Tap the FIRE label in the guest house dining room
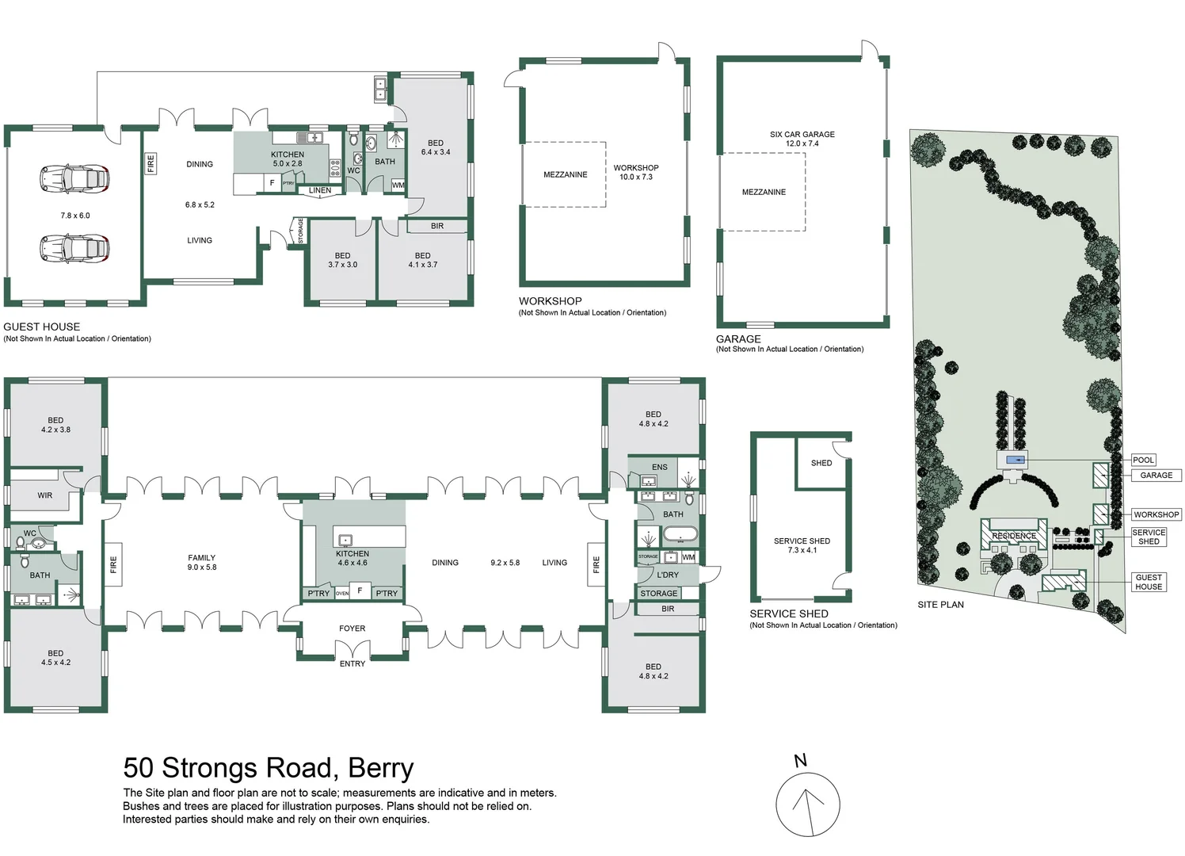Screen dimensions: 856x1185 [151, 163]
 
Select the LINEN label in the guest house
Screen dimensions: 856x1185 [320, 190]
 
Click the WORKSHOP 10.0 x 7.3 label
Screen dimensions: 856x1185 [635, 172]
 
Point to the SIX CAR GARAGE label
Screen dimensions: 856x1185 [802, 135]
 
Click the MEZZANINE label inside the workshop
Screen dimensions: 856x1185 [566, 174]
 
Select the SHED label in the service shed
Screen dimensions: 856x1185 [821, 463]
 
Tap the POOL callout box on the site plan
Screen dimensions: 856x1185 [1143, 460]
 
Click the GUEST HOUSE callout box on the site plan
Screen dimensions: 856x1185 [1149, 582]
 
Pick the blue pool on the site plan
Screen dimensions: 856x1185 [1015, 460]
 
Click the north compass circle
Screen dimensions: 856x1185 [807, 805]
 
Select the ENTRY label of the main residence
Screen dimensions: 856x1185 [352, 663]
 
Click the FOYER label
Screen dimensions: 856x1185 [352, 629]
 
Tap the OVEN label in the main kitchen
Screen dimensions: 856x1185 [342, 593]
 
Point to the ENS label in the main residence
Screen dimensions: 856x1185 [660, 467]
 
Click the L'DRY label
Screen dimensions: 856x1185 [668, 575]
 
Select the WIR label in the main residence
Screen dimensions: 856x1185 [45, 495]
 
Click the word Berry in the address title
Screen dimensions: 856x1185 [381, 768]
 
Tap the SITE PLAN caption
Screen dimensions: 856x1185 [940, 605]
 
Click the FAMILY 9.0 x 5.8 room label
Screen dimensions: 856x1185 [202, 562]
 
